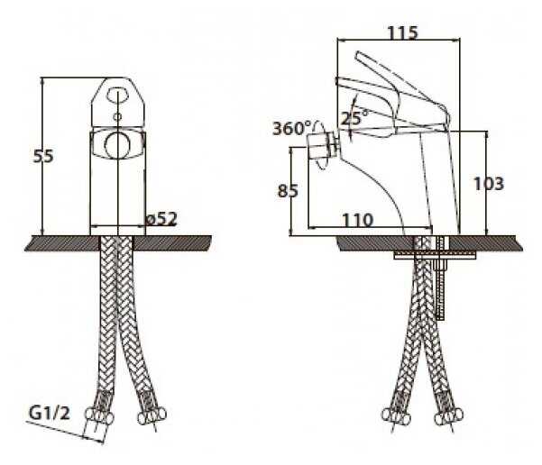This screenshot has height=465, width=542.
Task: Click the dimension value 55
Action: click(x=43, y=156)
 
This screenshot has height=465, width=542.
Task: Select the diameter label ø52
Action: click(x=160, y=219)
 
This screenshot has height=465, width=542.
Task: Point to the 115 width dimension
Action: click(x=401, y=33)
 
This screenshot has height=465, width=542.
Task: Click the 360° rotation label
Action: click(x=291, y=127)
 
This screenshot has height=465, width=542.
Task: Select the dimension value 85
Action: click(x=289, y=191)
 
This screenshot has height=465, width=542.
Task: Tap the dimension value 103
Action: click(x=488, y=184)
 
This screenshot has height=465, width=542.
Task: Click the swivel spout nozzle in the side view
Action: click(x=321, y=145)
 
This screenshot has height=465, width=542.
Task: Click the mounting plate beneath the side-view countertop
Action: click(x=433, y=256)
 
